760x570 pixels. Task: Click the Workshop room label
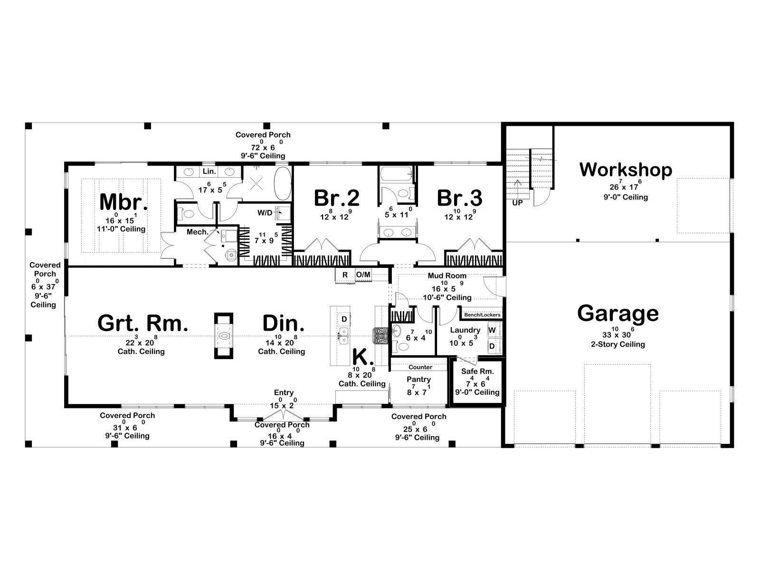[x=625, y=170]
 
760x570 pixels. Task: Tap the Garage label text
[x=617, y=313]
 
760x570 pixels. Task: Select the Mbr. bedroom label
[x=123, y=202]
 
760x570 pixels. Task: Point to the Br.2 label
[x=337, y=198]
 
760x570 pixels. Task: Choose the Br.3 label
[x=459, y=198]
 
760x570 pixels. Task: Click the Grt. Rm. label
[x=142, y=323]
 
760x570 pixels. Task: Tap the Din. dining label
[x=283, y=323]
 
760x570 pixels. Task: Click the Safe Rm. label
[x=477, y=371]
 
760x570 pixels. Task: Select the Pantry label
[x=418, y=380]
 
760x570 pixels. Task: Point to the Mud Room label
[x=447, y=276]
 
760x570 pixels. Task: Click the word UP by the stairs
[x=517, y=203]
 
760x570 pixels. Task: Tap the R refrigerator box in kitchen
[x=345, y=275]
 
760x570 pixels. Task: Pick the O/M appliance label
[x=363, y=275]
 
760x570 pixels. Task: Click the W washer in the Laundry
[x=492, y=331]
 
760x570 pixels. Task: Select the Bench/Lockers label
[x=482, y=315]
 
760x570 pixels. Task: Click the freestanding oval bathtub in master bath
[x=283, y=183]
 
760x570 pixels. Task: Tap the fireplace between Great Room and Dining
[x=224, y=336]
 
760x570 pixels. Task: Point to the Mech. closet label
[x=198, y=232]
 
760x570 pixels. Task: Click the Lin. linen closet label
[x=209, y=171]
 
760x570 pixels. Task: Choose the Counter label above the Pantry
[x=420, y=367]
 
